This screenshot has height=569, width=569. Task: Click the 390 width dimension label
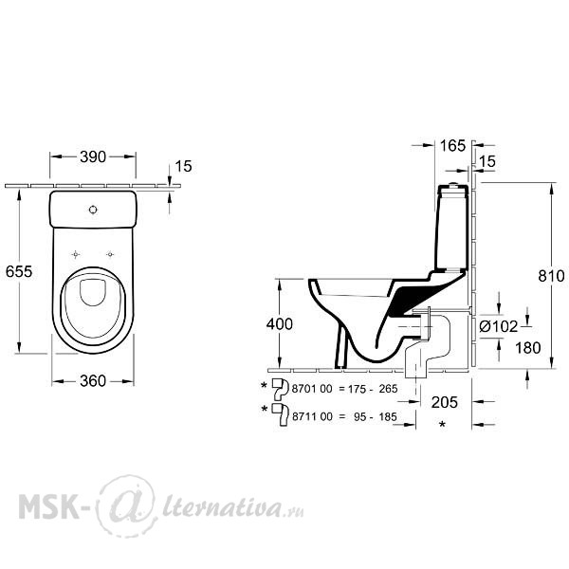[93, 156]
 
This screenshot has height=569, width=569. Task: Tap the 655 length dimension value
[19, 271]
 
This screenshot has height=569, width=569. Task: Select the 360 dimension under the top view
[93, 381]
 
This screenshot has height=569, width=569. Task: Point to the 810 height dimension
[551, 276]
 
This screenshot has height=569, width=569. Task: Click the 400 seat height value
[280, 324]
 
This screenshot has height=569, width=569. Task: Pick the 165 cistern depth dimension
[452, 146]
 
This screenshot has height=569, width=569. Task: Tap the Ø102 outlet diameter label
[498, 326]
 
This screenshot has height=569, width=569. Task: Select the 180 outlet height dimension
[528, 348]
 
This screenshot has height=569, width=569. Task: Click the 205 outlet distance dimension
[445, 402]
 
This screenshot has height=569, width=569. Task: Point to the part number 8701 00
[312, 389]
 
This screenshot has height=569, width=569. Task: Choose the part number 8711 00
[312, 416]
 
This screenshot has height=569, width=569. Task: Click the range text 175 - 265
[373, 389]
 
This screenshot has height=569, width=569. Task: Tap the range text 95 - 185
[376, 416]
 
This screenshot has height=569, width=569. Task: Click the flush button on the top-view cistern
[93, 210]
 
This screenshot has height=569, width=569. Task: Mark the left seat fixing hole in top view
[76, 254]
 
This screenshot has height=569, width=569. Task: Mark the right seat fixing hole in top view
[110, 254]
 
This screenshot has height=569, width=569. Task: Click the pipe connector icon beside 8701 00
[280, 388]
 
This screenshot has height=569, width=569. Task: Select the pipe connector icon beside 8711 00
[281, 414]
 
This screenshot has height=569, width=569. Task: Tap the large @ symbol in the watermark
[126, 505]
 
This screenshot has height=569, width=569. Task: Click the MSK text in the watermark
[49, 505]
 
